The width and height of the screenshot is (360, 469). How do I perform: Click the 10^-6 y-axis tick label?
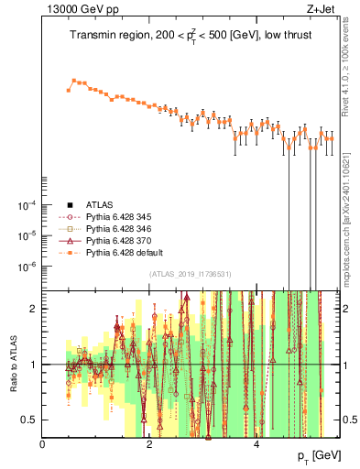coord(28,267)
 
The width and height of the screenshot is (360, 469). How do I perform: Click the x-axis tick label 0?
coord(43,443)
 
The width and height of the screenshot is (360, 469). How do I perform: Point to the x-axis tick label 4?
coord(256,443)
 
